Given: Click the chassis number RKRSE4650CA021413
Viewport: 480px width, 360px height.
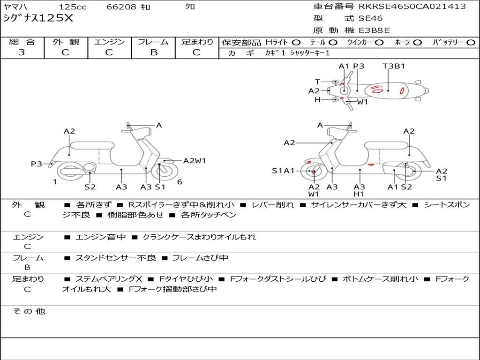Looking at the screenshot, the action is click(412, 7).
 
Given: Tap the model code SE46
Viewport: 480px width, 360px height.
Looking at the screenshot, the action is click(370, 18).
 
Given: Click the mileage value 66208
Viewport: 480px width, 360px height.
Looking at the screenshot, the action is click(121, 7).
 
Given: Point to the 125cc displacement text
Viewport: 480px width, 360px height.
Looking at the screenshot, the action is click(73, 7).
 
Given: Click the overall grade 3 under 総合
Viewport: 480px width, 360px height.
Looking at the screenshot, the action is click(22, 52).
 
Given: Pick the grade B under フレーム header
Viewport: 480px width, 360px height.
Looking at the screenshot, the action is click(154, 52).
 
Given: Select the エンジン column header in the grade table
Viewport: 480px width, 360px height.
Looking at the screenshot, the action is click(109, 42).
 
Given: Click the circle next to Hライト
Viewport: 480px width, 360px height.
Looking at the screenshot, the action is click(296, 43).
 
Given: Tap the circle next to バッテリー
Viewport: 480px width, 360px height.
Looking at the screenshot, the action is click(471, 43).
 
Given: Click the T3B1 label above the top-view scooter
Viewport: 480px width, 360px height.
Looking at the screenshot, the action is click(394, 66).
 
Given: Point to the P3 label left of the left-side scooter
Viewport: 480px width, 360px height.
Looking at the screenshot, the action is click(37, 164).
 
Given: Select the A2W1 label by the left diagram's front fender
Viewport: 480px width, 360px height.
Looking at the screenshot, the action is click(195, 161).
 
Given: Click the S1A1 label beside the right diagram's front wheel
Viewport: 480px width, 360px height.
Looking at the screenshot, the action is click(283, 171).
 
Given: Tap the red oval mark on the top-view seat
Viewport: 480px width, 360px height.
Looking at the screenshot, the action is click(402, 90).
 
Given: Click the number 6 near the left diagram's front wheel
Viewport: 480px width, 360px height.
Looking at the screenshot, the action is click(180, 182).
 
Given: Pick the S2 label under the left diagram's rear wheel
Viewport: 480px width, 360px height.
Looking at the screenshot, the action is click(90, 187).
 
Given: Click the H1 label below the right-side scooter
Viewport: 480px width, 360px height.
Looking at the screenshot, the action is click(359, 194).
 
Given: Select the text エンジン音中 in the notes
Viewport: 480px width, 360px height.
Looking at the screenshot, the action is click(100, 237).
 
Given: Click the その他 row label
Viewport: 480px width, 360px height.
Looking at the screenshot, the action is click(29, 311).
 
